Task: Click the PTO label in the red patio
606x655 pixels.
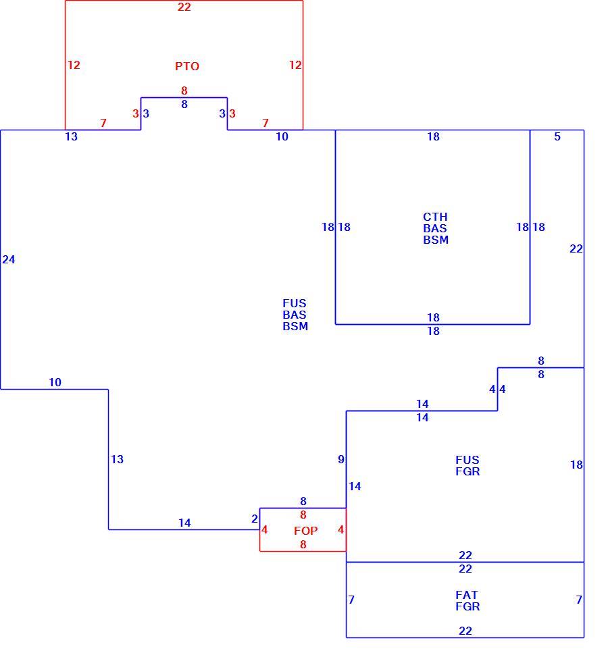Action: (187, 66)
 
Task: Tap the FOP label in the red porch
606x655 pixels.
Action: (305, 531)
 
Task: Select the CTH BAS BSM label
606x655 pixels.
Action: (436, 228)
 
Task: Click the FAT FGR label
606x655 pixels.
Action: (468, 600)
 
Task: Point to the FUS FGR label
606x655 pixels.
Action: (468, 465)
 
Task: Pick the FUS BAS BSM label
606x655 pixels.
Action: (295, 315)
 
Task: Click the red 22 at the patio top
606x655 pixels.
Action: (184, 7)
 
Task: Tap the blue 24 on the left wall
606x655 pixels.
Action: (8, 259)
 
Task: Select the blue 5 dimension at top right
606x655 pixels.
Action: (557, 136)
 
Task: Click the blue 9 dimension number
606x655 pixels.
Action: (341, 459)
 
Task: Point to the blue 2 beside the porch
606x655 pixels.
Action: (255, 519)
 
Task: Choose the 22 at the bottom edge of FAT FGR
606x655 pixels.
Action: (465, 631)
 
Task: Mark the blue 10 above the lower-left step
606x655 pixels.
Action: (55, 382)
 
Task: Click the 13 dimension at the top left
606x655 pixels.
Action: (71, 136)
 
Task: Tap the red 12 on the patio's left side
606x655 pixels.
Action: (74, 65)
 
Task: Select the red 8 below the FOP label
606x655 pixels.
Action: (303, 544)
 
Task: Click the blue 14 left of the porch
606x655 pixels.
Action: (184, 523)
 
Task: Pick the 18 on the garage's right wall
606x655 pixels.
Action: (576, 465)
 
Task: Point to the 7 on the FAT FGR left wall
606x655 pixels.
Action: (351, 600)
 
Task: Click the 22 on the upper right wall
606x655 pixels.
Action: (576, 248)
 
